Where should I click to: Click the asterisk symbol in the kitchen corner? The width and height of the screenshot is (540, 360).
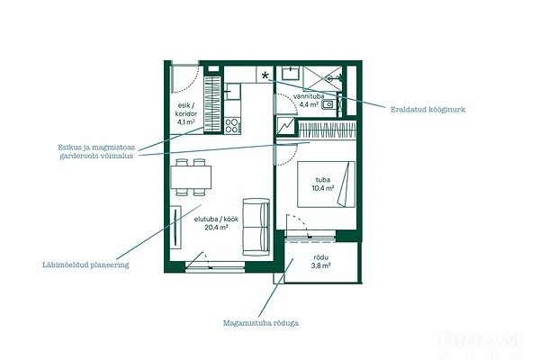(265, 76)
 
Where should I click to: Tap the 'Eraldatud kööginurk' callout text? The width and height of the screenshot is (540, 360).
(427, 110)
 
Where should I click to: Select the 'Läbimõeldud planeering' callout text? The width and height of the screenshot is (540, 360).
(85, 265)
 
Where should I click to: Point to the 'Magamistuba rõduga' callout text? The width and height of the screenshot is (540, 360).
(261, 323)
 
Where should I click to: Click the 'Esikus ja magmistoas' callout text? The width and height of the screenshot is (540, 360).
(96, 148)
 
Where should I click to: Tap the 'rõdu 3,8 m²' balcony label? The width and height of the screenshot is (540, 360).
(321, 262)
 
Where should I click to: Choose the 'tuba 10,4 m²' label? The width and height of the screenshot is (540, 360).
(323, 184)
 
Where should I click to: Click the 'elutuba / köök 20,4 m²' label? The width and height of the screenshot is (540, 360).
(216, 223)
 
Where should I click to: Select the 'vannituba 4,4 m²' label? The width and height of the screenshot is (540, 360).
(309, 100)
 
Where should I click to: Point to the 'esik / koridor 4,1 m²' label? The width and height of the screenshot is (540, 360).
(186, 113)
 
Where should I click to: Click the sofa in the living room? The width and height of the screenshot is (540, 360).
(256, 227)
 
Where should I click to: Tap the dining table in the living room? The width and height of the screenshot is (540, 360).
(191, 177)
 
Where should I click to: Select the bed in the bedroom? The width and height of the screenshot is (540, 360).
(326, 184)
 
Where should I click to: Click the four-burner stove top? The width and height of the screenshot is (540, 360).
(232, 126)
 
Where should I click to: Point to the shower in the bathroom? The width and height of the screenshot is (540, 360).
(323, 78)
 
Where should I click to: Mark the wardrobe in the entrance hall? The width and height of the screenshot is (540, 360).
(212, 103)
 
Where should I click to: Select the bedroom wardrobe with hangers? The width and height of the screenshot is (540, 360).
(326, 130)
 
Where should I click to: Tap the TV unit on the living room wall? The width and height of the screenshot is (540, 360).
(176, 227)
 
